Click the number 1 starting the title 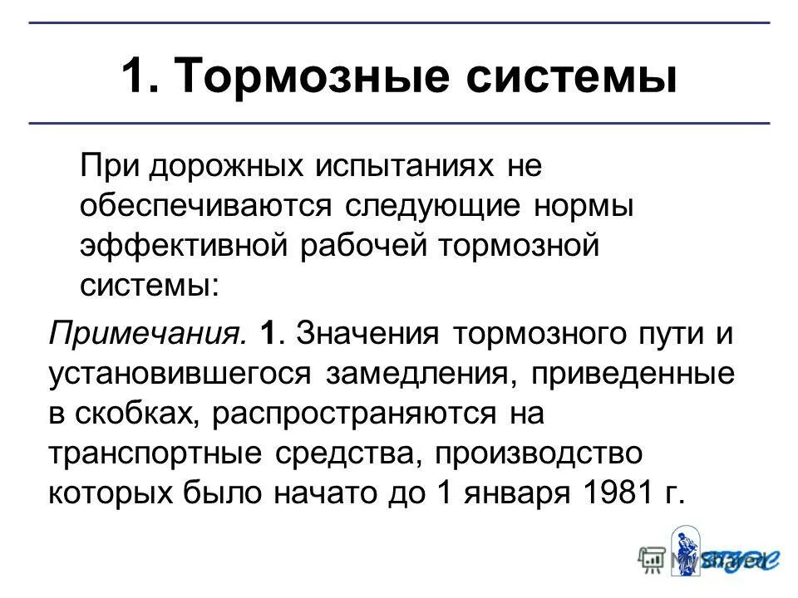click(135, 77)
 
